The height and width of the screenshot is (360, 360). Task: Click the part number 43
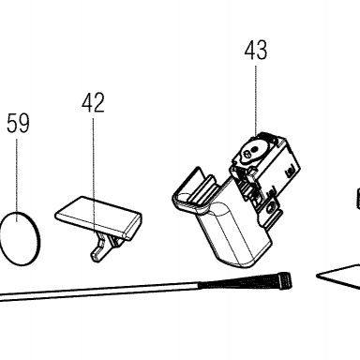point(256,50)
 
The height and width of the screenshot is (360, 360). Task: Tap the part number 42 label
point(93,102)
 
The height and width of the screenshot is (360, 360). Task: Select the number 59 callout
point(18,123)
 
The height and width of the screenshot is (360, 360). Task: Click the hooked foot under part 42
point(98,248)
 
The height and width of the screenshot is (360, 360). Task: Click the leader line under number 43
point(256,100)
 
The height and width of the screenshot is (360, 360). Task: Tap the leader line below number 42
point(93,175)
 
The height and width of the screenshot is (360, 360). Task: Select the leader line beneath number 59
point(17,180)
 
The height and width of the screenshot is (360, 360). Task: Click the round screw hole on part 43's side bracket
point(270,207)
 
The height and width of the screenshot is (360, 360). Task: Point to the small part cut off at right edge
point(358,198)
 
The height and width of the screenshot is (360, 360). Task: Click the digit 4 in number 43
point(249,50)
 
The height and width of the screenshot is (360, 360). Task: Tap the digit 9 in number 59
point(23,123)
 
